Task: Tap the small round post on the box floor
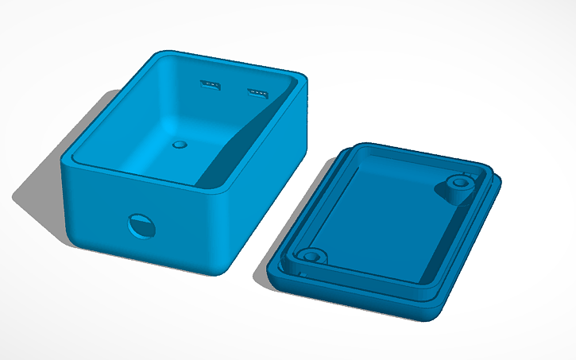[x=180, y=145]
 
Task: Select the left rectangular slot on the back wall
[x=210, y=84]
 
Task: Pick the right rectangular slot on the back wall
[x=257, y=94]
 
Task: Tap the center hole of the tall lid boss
[x=458, y=183]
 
